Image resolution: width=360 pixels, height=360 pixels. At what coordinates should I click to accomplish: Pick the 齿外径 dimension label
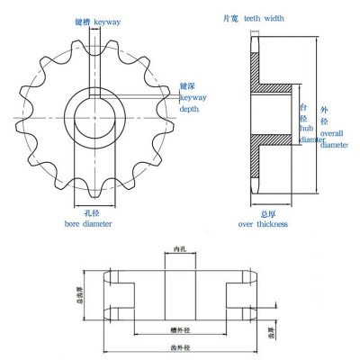tap(180, 347)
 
